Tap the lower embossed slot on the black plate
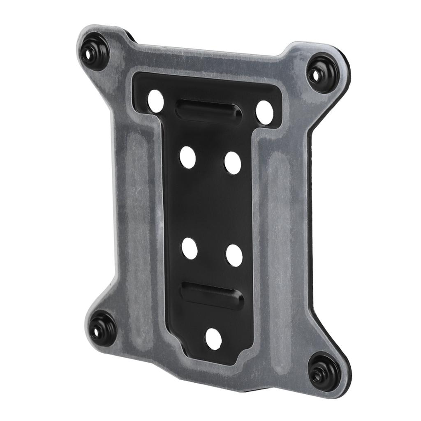coord(212,296)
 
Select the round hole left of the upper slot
coord(156,101)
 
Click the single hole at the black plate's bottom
coord(213,339)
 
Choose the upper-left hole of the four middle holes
coord(188,157)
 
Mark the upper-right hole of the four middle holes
coord(233,163)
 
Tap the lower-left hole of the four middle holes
coord(190,248)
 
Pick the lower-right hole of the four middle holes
coord(234,255)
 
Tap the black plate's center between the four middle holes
coord(211,206)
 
